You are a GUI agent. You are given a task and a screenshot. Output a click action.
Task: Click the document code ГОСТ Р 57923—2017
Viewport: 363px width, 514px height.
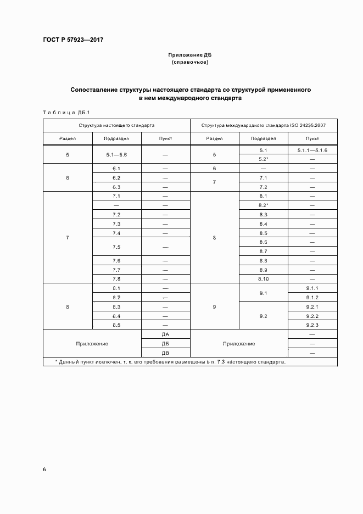click(x=73, y=40)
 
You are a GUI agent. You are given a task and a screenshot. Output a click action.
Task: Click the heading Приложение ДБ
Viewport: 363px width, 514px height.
click(x=189, y=55)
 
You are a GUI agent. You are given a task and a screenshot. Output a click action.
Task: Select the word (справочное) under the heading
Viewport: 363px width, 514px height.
click(x=189, y=63)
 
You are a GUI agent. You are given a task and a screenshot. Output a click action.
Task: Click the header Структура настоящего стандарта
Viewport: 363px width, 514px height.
click(x=116, y=125)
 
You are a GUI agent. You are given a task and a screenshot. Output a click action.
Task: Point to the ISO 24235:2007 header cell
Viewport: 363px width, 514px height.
click(x=264, y=125)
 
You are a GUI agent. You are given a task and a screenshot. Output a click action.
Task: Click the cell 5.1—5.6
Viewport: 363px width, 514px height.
click(x=116, y=155)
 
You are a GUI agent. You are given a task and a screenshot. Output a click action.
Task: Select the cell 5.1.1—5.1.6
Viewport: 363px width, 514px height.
click(x=312, y=150)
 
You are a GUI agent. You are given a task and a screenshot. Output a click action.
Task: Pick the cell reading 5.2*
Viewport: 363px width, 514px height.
click(x=263, y=159)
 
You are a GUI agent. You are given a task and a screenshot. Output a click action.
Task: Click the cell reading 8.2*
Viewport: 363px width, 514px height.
click(x=263, y=205)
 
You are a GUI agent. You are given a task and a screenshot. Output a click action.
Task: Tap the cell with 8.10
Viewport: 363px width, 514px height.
click(x=263, y=279)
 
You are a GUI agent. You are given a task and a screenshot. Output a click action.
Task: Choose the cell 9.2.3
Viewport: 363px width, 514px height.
click(x=312, y=325)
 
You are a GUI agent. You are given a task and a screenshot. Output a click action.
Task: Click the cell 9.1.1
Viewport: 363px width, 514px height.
click(x=312, y=288)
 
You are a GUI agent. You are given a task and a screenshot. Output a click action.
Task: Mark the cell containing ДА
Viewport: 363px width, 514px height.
click(x=165, y=334)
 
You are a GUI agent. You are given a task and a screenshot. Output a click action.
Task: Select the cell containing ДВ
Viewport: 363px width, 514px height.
click(x=165, y=353)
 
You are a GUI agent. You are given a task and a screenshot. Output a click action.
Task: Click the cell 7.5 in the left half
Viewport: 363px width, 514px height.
click(x=116, y=247)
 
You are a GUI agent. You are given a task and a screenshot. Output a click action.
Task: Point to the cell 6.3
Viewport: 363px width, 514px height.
click(x=116, y=187)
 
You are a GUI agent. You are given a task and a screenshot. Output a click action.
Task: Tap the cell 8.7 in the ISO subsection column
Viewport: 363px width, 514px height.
click(x=263, y=252)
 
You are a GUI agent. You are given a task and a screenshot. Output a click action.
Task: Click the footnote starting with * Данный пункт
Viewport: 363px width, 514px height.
click(x=170, y=362)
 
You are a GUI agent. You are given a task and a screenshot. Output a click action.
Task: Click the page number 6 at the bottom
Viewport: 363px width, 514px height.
click(x=44, y=470)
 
